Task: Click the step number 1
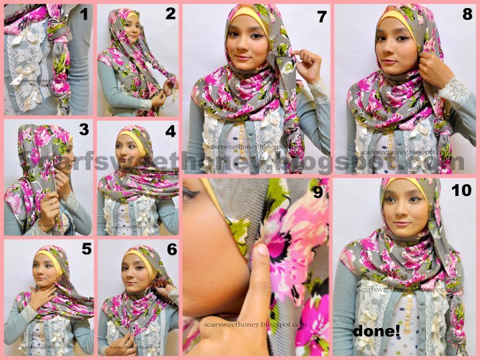coord(84,13)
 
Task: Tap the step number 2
coord(170,13)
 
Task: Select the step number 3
coord(84,129)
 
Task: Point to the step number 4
coord(170,131)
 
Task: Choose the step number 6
coord(171,249)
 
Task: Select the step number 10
coord(461,191)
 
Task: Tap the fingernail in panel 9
coord(262,250)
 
